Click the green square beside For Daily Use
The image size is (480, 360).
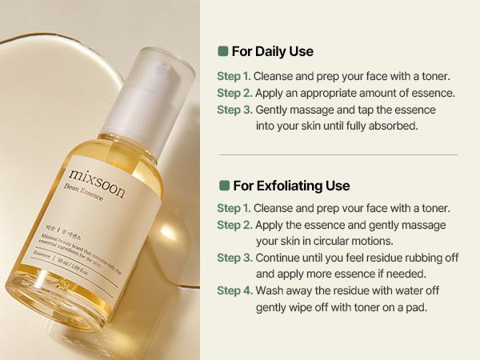(223, 51)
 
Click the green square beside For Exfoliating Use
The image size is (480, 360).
(223, 186)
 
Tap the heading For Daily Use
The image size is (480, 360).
(272, 52)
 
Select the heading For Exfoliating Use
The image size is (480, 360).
(291, 186)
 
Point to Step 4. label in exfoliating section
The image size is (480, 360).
(234, 290)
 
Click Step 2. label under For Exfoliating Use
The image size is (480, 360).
(234, 225)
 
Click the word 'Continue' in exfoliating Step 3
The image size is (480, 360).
(280, 258)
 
